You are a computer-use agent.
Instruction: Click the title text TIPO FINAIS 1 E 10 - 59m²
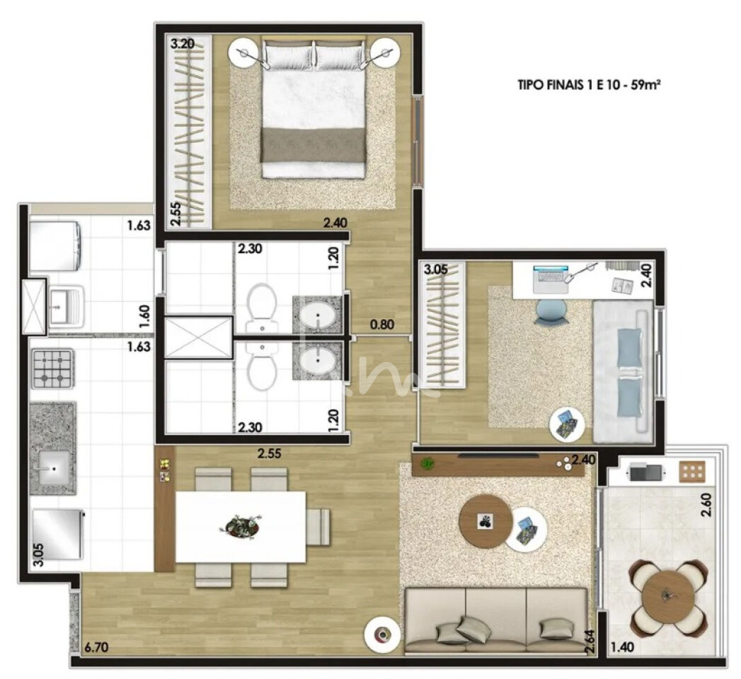[x=588, y=86]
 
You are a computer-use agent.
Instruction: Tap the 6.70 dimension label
[x=98, y=647]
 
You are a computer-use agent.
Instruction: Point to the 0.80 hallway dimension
[x=382, y=325]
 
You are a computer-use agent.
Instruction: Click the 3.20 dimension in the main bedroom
[x=182, y=45]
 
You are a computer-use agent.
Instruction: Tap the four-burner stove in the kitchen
[x=52, y=368]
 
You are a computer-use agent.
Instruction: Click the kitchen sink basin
[x=53, y=467]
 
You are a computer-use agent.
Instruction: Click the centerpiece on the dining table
[x=241, y=526]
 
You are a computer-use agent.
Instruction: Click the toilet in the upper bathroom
[x=261, y=307]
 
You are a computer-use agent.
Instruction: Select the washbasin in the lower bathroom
[x=317, y=361]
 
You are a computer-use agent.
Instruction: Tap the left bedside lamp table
[x=244, y=53]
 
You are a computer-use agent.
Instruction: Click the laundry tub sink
[x=67, y=306]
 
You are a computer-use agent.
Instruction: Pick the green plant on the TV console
[x=428, y=463]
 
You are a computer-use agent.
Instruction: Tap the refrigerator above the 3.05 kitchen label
[x=57, y=533]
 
